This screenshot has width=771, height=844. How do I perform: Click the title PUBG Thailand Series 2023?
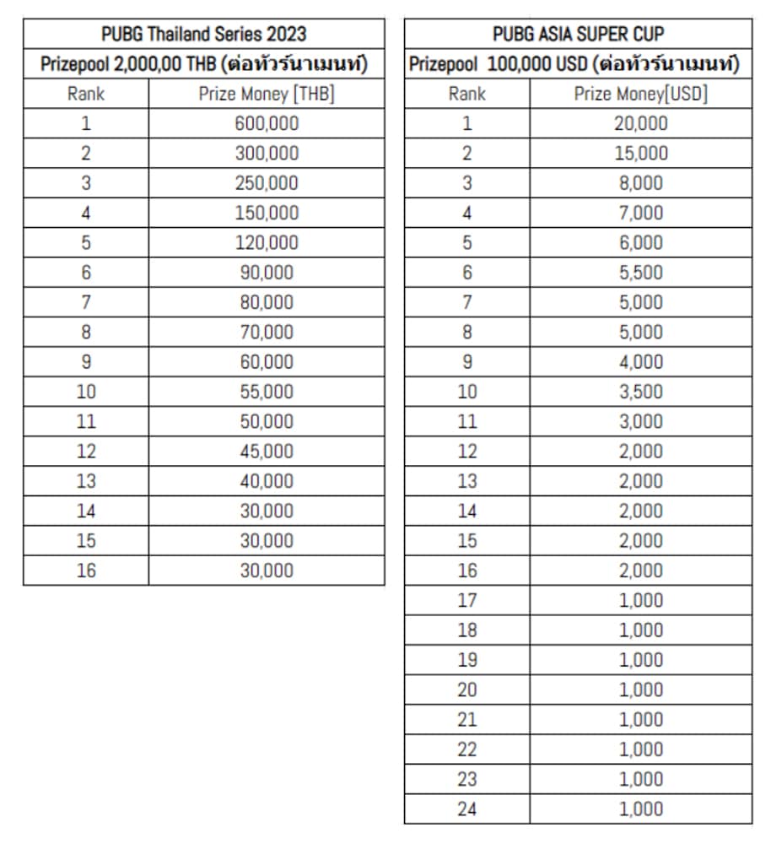[x=203, y=34]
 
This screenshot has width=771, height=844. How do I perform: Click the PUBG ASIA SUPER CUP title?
[x=578, y=34]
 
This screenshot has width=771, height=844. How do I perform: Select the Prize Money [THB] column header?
[x=267, y=94]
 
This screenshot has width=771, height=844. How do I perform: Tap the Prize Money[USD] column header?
[x=641, y=94]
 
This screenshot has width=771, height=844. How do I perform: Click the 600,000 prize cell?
[x=267, y=123]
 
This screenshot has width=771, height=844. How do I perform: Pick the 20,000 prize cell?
[x=641, y=123]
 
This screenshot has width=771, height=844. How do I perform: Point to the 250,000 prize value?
[x=267, y=183]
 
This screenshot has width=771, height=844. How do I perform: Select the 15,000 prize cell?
[x=641, y=154]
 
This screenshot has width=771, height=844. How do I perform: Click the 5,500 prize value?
[x=641, y=273]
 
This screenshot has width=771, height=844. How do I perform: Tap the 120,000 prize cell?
[x=267, y=243]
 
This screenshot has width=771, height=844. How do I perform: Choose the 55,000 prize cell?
[x=267, y=392]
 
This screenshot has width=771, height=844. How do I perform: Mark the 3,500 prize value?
[x=641, y=392]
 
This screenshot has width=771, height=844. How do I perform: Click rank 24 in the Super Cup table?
[x=466, y=809]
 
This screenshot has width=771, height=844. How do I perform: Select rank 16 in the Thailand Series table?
[x=86, y=571]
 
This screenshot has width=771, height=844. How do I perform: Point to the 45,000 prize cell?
[x=267, y=452]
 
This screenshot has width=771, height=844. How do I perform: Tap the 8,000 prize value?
[x=641, y=183]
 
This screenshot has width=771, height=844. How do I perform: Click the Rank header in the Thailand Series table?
[x=86, y=94]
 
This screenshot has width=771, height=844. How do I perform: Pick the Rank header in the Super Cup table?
[x=466, y=94]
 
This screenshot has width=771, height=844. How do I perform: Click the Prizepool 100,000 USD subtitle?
[x=578, y=64]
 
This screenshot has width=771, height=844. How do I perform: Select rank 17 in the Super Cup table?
[x=466, y=601]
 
